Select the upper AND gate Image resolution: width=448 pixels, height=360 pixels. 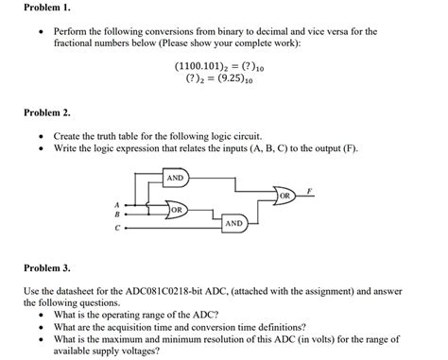176,178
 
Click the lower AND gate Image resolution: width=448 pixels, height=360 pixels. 233,223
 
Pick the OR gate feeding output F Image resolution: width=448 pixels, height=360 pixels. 285,196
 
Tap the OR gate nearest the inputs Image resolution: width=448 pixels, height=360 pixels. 176,210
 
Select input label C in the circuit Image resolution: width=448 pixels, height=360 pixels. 116,227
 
